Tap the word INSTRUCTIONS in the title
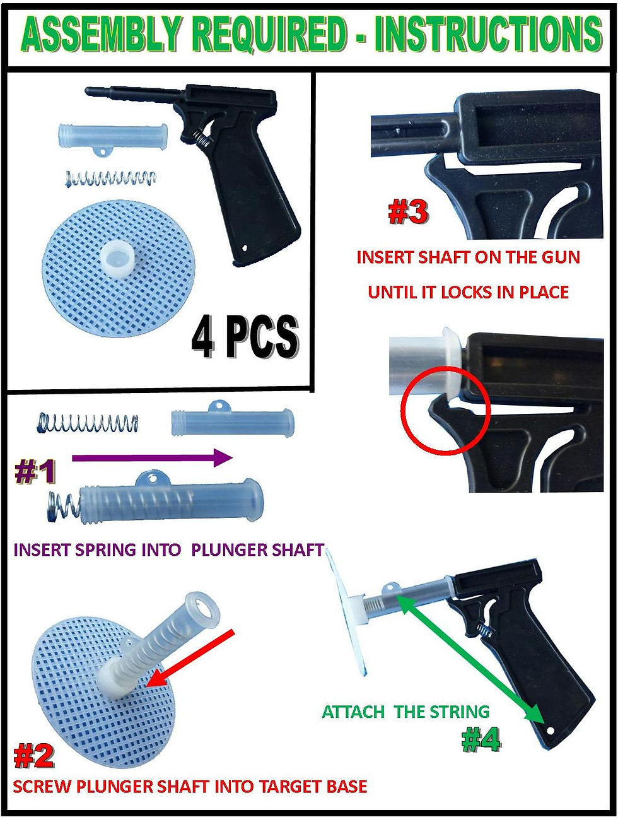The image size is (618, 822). click(488, 34)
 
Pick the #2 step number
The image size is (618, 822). click(34, 756)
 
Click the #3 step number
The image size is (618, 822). click(408, 212)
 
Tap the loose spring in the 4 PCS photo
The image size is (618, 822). click(110, 179)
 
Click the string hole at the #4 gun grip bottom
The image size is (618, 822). click(550, 731)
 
